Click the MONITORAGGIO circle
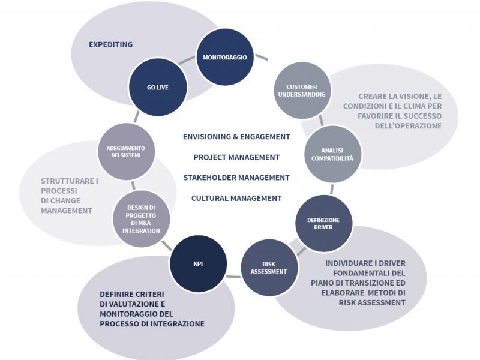point(224,57)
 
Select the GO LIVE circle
point(158,87)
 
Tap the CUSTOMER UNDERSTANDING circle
point(302,91)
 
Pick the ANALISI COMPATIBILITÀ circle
point(332,154)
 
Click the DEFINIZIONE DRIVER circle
point(323,223)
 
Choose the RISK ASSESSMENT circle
point(269,268)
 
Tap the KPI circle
point(199,263)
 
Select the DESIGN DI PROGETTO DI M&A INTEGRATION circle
point(141,219)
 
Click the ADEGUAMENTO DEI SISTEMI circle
point(126,152)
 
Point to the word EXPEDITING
point(111,44)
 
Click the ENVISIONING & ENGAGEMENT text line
point(236,137)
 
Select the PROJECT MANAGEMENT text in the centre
point(236,157)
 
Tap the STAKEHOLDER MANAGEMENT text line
point(236,178)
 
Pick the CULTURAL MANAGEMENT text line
point(236,199)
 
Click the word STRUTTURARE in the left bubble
point(67,181)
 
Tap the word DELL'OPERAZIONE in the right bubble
point(408,126)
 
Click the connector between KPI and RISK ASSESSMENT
point(233,277)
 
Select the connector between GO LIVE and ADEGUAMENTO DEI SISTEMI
point(137,116)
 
